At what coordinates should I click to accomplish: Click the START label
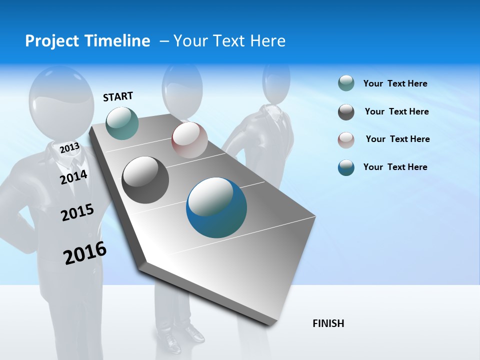[118, 96]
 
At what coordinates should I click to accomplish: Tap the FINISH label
[328, 323]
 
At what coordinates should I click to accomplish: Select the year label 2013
[69, 147]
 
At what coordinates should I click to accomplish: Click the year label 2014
[73, 177]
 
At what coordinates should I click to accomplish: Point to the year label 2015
[77, 212]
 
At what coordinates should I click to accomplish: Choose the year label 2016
[85, 253]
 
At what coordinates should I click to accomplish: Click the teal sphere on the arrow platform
[122, 123]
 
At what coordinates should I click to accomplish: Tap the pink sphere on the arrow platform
[189, 140]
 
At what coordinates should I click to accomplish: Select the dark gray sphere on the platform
[145, 180]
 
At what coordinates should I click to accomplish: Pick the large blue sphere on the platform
[216, 207]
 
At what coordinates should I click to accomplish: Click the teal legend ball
[346, 83]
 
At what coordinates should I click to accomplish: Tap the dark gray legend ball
[346, 112]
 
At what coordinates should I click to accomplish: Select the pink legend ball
[346, 140]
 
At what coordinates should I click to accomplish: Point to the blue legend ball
[346, 167]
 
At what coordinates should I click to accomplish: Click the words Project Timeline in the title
[87, 41]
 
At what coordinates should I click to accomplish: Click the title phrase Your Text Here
[229, 41]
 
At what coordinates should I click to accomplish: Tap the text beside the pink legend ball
[397, 139]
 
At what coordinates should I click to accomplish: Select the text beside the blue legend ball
[395, 167]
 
